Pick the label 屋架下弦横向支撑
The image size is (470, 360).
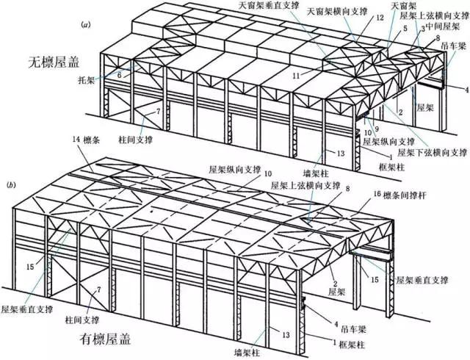pos(431,154)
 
